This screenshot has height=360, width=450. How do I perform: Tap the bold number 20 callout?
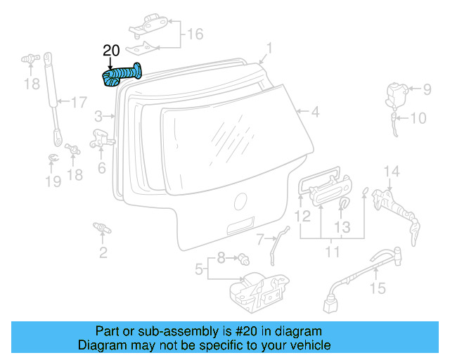pyautogui.click(x=112, y=51)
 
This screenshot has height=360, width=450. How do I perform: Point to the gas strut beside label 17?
pyautogui.click(x=51, y=81)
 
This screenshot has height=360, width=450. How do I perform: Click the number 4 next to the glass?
pyautogui.click(x=316, y=112)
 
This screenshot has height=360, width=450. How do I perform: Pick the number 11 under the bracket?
pyautogui.click(x=332, y=252)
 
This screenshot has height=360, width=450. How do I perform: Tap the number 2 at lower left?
pyautogui.click(x=103, y=253)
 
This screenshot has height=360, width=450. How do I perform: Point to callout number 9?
pyautogui.click(x=426, y=89)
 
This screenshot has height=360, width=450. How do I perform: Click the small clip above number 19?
pyautogui.click(x=53, y=158)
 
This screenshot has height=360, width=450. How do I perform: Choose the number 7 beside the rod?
pyautogui.click(x=259, y=239)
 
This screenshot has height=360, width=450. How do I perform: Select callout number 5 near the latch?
pyautogui.click(x=199, y=268)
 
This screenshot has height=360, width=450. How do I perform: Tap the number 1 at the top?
pyautogui.click(x=268, y=49)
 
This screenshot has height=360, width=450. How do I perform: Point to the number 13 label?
pyautogui.click(x=341, y=227)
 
